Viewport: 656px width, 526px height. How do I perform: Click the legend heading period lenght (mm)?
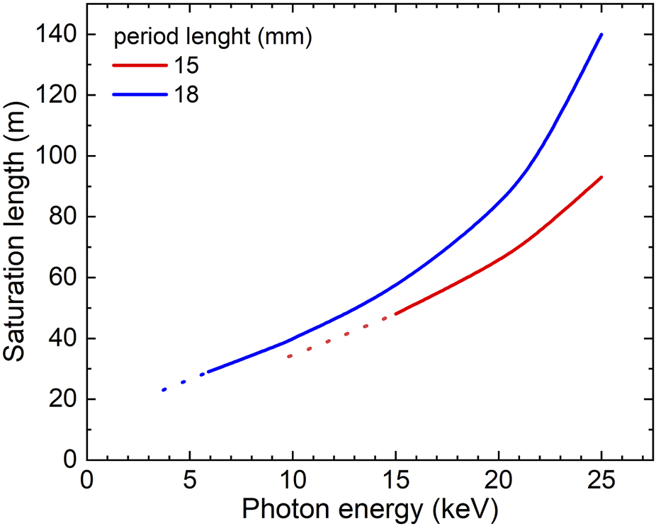tap(213, 38)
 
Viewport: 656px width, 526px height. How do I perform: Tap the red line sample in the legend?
tap(139, 66)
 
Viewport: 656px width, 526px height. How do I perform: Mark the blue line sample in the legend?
tap(139, 94)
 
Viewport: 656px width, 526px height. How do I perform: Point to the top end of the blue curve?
tap(601, 34)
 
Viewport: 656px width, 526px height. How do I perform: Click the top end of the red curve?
tap(601, 177)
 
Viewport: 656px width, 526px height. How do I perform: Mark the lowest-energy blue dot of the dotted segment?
tap(164, 390)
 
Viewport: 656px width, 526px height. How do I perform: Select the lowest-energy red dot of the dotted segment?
tap(289, 356)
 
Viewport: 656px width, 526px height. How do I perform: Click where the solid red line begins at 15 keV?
tap(395, 314)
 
